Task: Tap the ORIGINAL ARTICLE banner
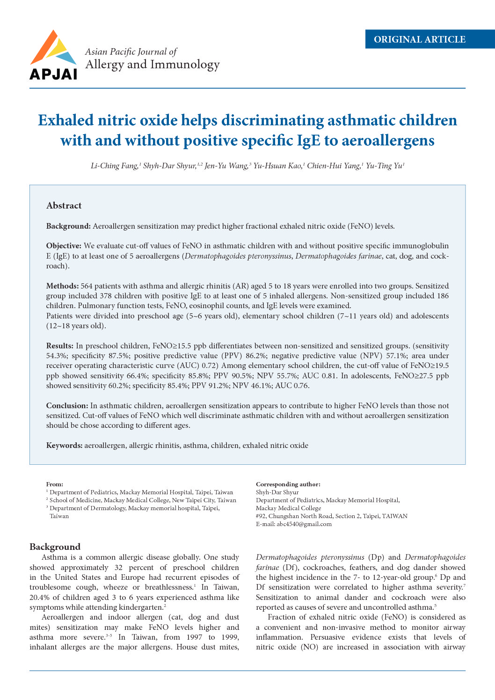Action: [x=420, y=39]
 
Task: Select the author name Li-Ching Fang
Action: [x=114, y=166]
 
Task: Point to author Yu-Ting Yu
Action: [x=385, y=166]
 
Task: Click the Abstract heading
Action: [x=64, y=206]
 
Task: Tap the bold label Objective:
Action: [x=64, y=246]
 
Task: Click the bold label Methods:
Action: [x=62, y=286]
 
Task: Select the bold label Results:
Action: [x=59, y=346]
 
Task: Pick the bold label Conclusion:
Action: [x=67, y=406]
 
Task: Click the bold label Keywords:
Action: [x=64, y=446]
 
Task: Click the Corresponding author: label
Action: [x=288, y=484]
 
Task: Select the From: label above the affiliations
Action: [x=54, y=484]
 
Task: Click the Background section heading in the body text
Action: [x=55, y=547]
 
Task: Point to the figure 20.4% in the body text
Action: [x=39, y=597]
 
